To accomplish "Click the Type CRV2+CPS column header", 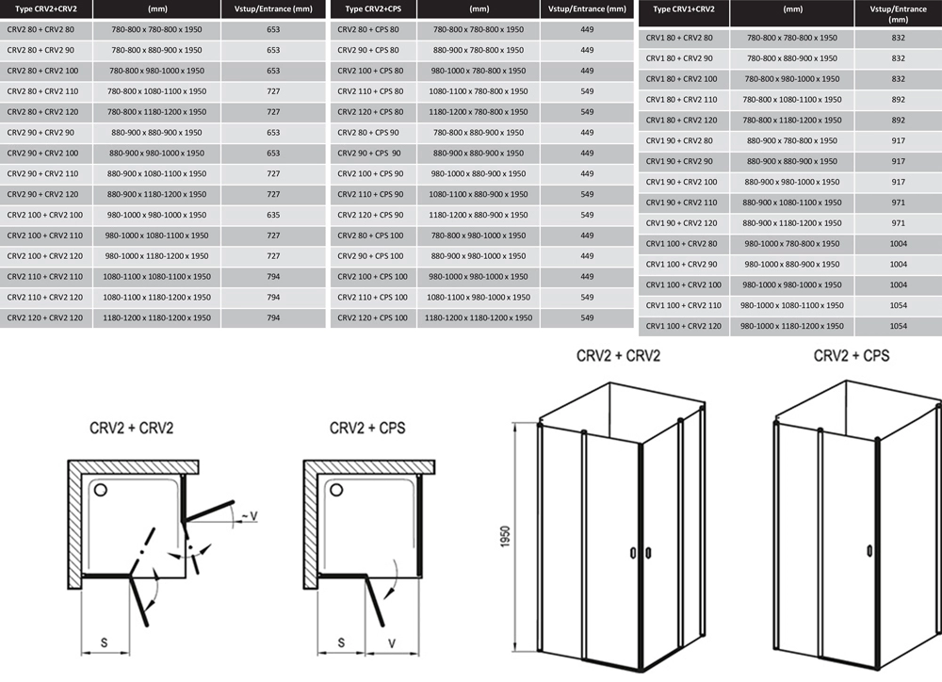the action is [373, 9].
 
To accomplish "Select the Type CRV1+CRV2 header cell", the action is [684, 9].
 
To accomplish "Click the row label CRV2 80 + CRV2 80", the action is [41, 29].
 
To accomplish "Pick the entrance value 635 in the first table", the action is [273, 215].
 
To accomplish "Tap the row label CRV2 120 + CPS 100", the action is [372, 317].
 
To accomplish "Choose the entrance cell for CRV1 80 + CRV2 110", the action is [898, 100].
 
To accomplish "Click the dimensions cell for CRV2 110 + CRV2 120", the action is [156, 297].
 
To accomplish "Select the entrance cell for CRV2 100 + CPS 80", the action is [587, 71].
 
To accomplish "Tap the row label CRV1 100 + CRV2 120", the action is [684, 326].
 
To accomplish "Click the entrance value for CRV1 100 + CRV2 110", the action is [898, 305].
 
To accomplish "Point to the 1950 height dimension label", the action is [505, 537].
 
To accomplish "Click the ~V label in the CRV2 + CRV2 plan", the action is [249, 516].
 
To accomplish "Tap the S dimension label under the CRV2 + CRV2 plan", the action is [104, 643].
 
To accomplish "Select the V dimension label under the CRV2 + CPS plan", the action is [392, 643].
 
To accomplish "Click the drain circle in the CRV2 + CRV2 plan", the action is [101, 490].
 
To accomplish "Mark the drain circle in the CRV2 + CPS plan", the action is [336, 490].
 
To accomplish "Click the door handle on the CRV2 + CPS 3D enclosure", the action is [869, 551].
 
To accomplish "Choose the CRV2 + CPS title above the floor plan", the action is [367, 428].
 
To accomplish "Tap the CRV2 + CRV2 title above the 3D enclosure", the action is [618, 356].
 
